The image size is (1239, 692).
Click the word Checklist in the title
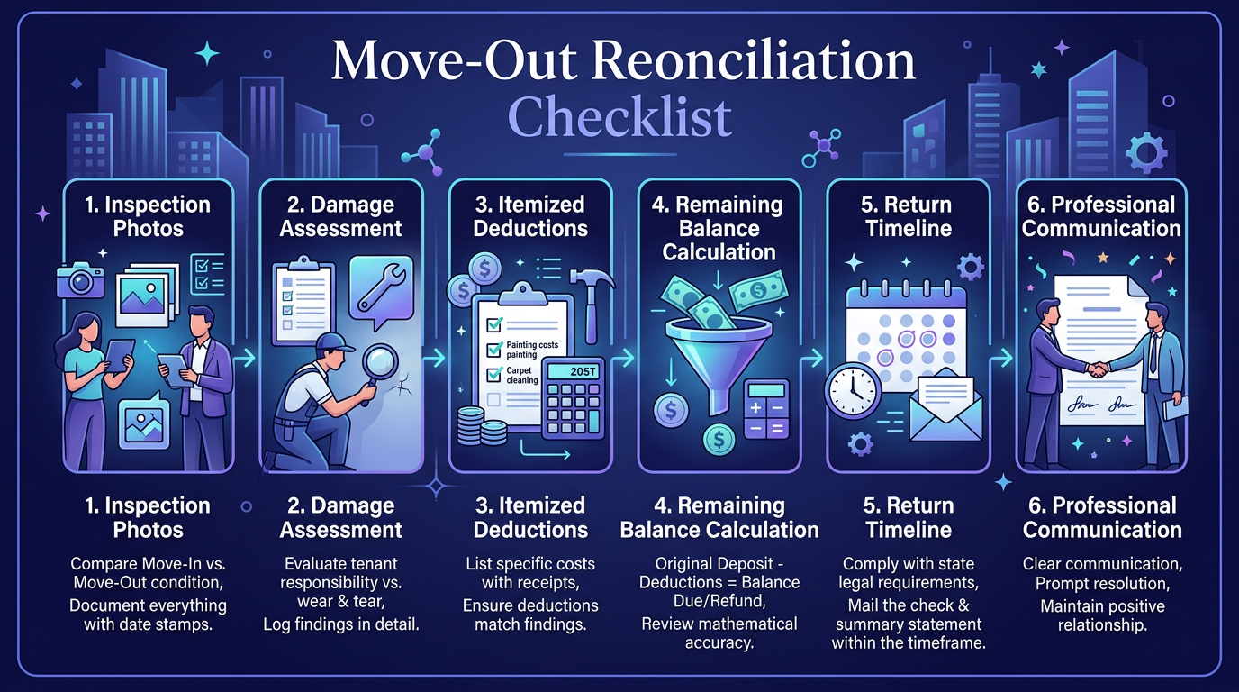click(619, 117)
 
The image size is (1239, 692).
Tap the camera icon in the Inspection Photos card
click(80, 280)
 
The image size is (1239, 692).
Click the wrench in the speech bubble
click(381, 287)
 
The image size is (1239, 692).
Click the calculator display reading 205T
click(574, 371)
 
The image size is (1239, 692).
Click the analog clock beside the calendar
click(853, 390)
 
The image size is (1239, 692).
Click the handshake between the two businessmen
click(1098, 369)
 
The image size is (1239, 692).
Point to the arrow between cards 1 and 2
click(245, 358)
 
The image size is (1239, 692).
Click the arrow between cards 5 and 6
click(1001, 359)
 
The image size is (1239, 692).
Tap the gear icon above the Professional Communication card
click(1147, 152)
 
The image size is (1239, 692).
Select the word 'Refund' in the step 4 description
click(735, 601)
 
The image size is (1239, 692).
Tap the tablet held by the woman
click(119, 355)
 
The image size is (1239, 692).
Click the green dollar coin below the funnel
click(719, 440)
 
